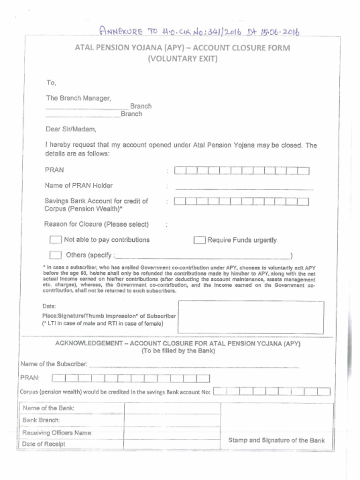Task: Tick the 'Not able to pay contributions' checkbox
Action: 55,240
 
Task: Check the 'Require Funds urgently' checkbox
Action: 200,240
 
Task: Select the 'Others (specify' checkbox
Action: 55,255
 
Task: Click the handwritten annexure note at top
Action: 199,32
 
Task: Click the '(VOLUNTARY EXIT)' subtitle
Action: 182,59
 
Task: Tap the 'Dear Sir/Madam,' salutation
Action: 71,129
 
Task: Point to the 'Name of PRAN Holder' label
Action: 78,185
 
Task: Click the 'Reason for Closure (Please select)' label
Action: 97,224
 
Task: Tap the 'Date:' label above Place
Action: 49,307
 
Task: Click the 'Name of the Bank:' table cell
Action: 49,408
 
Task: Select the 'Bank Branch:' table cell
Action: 41,420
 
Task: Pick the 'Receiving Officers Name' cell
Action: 57,433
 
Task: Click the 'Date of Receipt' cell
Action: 44,444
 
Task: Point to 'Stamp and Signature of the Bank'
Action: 276,440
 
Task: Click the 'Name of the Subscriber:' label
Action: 53,364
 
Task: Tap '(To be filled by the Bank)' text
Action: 178,351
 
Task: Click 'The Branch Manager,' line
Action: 78,98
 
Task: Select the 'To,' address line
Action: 51,83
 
